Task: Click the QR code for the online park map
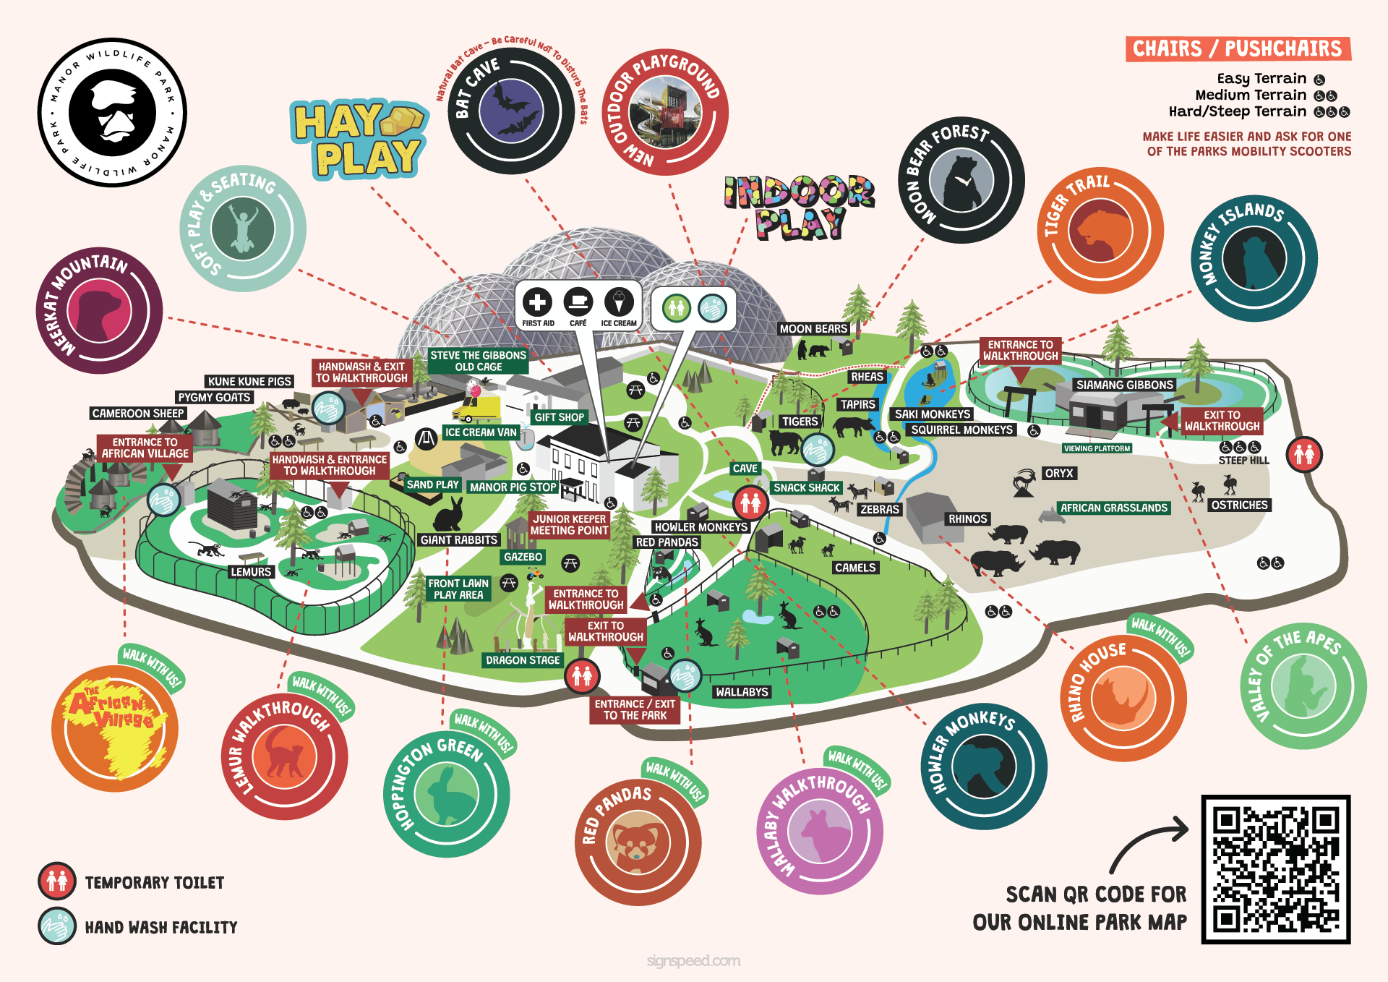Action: click(x=1276, y=869)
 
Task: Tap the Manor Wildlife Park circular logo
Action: click(x=112, y=113)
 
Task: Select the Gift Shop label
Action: click(x=559, y=417)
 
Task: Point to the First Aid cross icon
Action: click(x=537, y=303)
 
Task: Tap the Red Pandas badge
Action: click(x=638, y=842)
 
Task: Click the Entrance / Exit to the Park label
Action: click(x=635, y=709)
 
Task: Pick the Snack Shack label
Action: click(x=806, y=488)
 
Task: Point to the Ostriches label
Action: click(x=1239, y=505)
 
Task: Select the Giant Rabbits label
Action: click(x=459, y=540)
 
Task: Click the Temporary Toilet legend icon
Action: click(x=57, y=881)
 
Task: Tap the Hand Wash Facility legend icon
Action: click(x=57, y=926)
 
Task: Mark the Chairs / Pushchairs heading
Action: click(x=1237, y=48)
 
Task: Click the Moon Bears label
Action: click(x=813, y=329)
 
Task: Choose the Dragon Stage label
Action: click(x=523, y=660)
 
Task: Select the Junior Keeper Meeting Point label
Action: click(x=570, y=525)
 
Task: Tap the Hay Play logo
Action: click(x=358, y=140)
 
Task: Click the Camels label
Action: click(x=855, y=568)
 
